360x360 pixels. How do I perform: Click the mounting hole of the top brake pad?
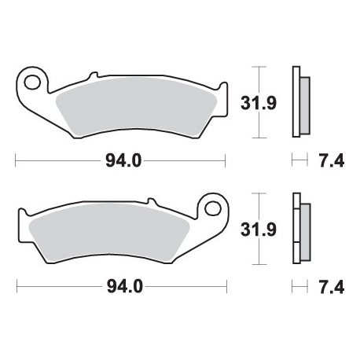[32, 83]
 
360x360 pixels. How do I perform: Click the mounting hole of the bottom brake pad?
[213, 209]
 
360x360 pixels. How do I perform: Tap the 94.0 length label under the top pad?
[123, 160]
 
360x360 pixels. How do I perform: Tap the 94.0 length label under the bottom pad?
[125, 286]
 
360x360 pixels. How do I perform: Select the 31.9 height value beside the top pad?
[259, 103]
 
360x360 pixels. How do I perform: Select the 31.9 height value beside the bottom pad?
[259, 230]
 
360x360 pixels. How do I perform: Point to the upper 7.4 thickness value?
[331, 160]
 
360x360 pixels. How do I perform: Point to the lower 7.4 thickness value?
[331, 287]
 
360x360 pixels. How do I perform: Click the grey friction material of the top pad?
[136, 108]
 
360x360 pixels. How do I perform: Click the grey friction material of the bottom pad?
[108, 233]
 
